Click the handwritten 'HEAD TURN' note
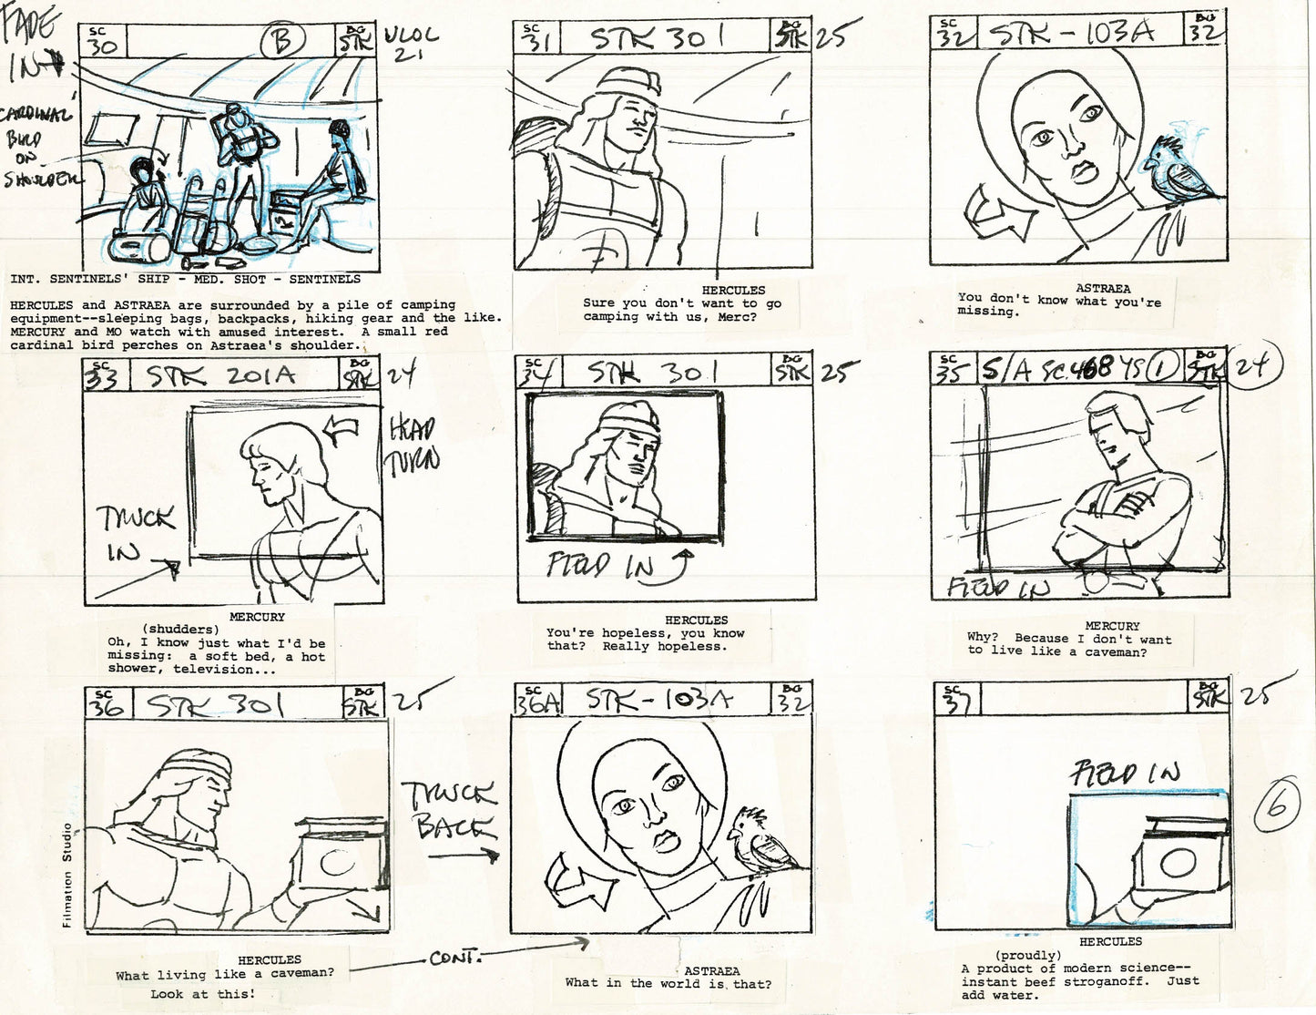(413, 446)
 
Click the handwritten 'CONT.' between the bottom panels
(456, 959)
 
